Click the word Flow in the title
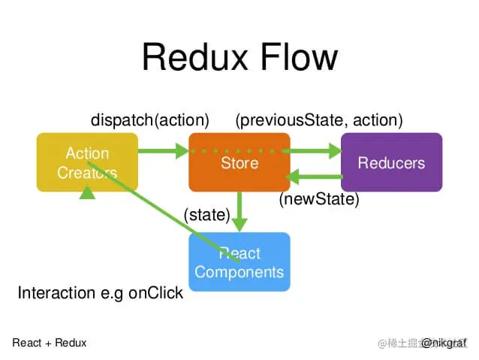[300, 58]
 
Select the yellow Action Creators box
[87, 162]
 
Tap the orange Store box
[239, 162]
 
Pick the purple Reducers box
[391, 162]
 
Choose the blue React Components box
[239, 262]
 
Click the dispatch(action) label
[149, 120]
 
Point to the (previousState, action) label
[319, 120]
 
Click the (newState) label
[319, 200]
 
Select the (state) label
[206, 215]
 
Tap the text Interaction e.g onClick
[100, 293]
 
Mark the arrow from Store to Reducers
[315, 151]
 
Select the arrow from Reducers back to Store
[315, 178]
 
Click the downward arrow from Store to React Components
[239, 212]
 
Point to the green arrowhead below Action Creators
[88, 192]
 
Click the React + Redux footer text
[50, 343]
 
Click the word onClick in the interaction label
[155, 293]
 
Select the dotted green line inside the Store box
[239, 151]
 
